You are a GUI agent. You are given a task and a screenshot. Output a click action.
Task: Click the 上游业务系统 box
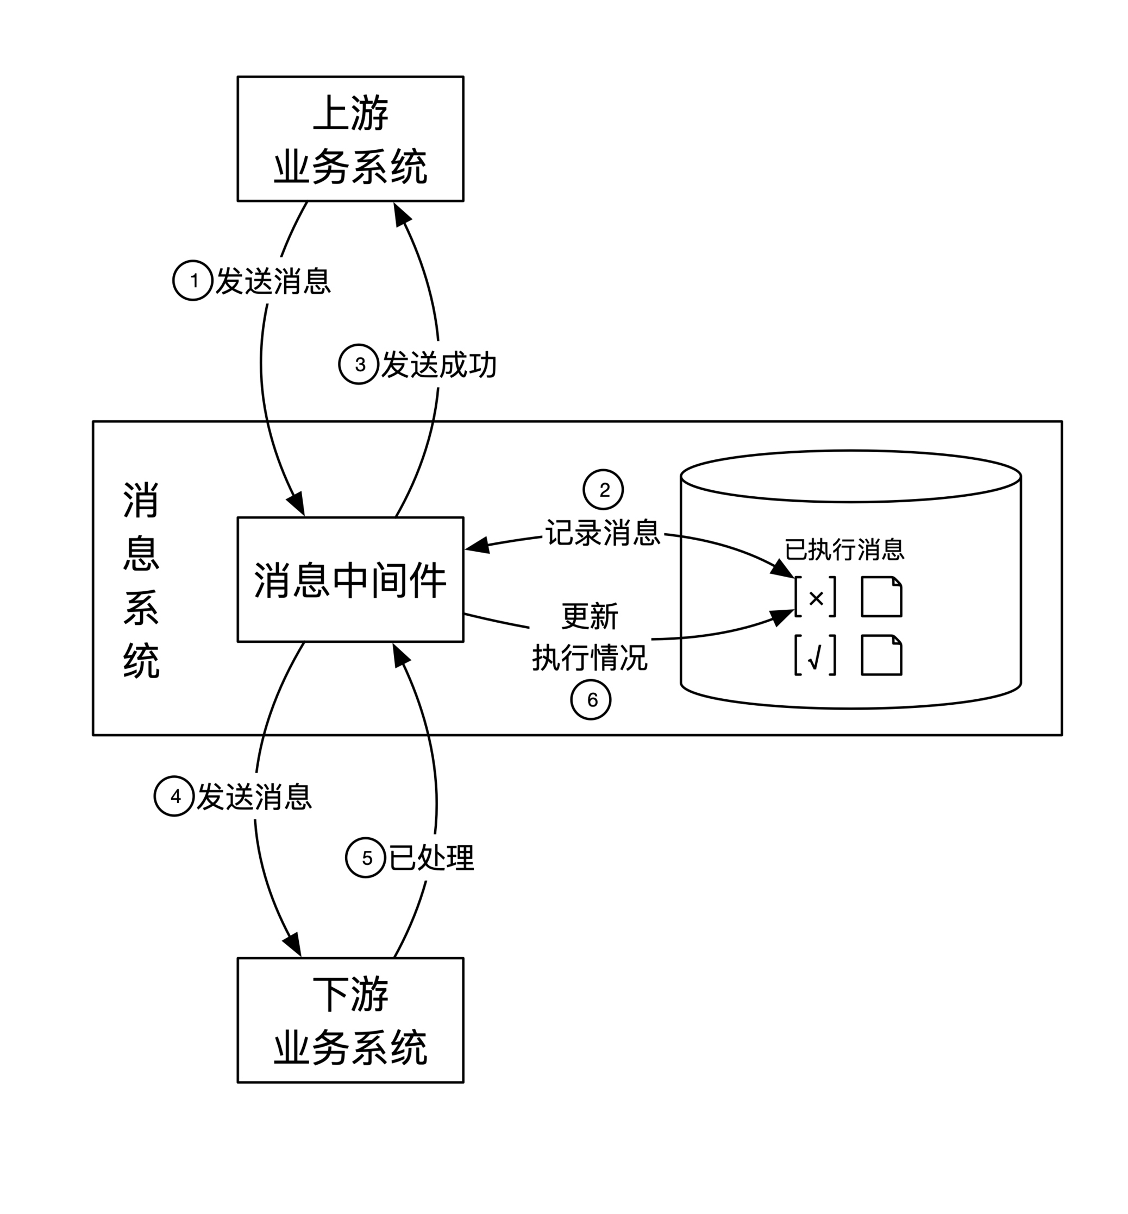tap(350, 138)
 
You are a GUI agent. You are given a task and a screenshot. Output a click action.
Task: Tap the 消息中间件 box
tap(350, 579)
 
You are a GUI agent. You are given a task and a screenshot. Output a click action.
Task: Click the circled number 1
tap(193, 281)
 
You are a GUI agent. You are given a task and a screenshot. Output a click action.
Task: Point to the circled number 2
tap(603, 489)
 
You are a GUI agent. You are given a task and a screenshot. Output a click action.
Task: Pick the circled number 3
tap(359, 364)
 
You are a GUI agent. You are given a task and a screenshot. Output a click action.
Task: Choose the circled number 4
tap(174, 796)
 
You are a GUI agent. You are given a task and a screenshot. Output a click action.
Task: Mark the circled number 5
tap(366, 858)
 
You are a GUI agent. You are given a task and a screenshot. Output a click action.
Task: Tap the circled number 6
tap(591, 700)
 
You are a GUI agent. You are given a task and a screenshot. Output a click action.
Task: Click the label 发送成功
tap(439, 365)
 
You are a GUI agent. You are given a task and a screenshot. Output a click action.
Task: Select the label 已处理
tap(431, 858)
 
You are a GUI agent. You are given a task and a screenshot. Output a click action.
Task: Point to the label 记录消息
tap(603, 533)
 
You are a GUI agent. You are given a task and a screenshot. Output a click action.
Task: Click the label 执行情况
tap(590, 658)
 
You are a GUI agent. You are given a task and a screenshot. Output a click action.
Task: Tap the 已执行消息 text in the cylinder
tap(844, 549)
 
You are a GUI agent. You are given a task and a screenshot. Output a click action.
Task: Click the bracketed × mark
tap(816, 598)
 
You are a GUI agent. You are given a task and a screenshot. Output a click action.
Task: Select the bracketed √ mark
tap(816, 656)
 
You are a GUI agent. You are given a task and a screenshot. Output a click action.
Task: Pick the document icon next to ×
tap(881, 597)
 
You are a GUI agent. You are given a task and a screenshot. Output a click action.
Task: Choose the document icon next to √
tap(881, 655)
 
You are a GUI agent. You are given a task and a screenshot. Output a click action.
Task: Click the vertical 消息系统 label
tap(141, 579)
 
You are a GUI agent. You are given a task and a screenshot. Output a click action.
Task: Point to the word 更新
tap(590, 616)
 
